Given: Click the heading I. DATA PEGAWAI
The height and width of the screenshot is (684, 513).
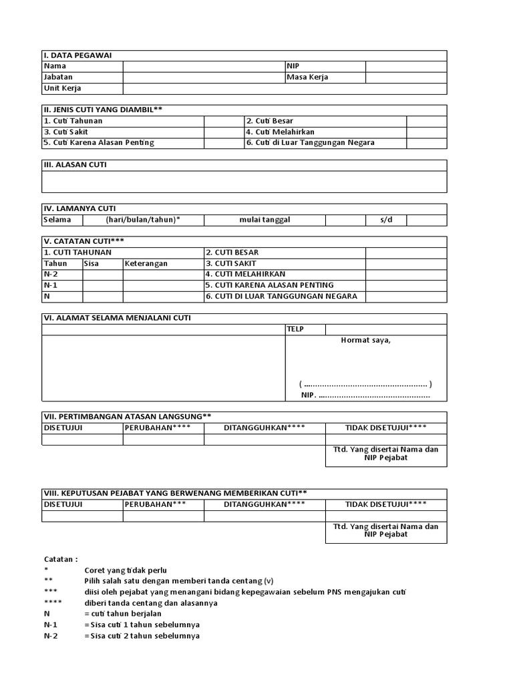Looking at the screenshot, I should click(x=69, y=55).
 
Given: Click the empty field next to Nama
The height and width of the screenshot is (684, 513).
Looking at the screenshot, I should click(x=204, y=66).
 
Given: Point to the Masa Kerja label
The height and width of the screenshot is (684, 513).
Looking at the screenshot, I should click(x=307, y=77).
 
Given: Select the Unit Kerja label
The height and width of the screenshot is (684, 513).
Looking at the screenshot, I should click(x=62, y=88).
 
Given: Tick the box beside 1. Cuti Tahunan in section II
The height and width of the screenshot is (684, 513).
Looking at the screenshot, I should click(x=224, y=121).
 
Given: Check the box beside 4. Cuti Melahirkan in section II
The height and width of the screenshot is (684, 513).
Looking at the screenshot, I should click(x=426, y=132).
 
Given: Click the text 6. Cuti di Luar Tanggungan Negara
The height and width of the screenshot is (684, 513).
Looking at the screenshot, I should click(x=310, y=142).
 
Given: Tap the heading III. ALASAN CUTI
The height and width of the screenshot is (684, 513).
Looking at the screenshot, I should click(x=75, y=165).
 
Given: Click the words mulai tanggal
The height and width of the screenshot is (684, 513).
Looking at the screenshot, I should click(x=265, y=220).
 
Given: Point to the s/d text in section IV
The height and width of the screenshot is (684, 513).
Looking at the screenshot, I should click(x=386, y=220).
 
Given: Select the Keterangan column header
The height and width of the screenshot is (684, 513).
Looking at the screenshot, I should click(x=146, y=263).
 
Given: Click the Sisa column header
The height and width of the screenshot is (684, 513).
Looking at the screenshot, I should click(x=92, y=263).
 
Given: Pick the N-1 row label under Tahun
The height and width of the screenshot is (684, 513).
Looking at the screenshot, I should click(x=51, y=285).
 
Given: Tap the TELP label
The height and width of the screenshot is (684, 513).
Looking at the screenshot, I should click(x=296, y=329).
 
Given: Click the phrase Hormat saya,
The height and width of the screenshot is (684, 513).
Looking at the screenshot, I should click(x=366, y=341).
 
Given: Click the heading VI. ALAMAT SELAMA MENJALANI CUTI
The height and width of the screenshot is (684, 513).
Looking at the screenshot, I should click(x=117, y=318).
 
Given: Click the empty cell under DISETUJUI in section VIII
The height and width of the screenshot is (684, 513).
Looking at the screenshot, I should click(x=82, y=516).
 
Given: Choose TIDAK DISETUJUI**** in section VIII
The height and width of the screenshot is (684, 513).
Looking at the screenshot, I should click(x=386, y=504).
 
